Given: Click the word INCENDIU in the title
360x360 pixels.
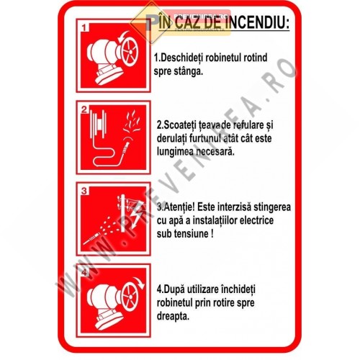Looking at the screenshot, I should tap(254, 23).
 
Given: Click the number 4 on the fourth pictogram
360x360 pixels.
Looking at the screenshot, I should tap(85, 272).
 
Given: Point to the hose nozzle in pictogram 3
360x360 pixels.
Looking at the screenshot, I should tap(94, 235).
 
